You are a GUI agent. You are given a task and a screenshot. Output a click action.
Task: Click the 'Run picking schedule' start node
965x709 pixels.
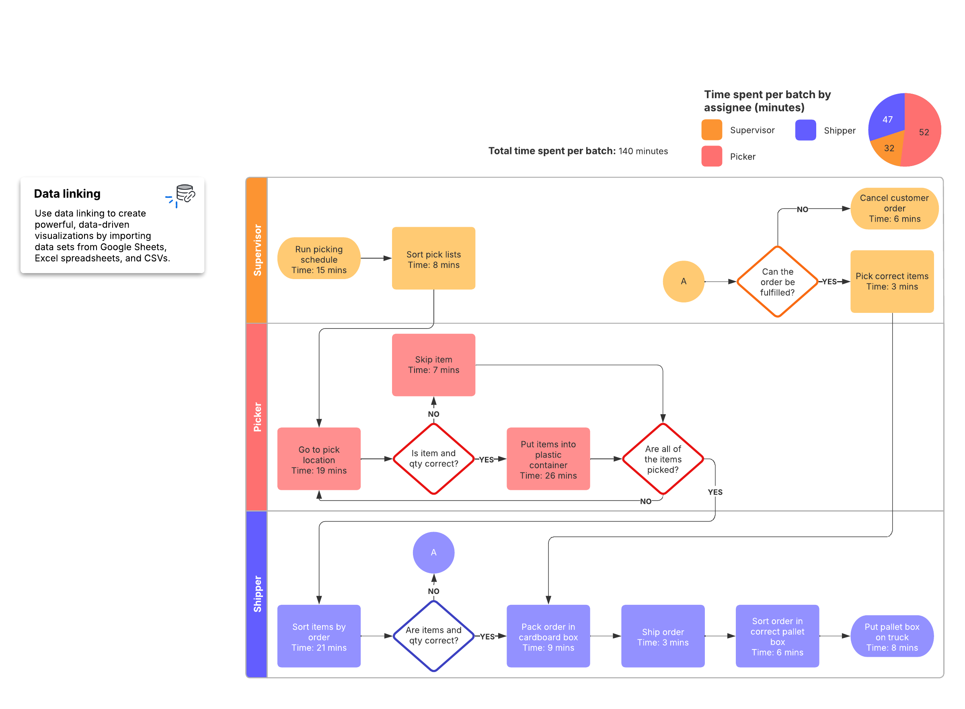coord(319,258)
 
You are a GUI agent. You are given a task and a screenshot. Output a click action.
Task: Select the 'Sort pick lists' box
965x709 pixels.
coord(433,258)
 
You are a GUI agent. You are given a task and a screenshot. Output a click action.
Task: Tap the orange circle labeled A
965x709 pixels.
coord(684,282)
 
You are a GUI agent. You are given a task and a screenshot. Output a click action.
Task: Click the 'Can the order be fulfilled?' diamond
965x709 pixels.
coord(778,282)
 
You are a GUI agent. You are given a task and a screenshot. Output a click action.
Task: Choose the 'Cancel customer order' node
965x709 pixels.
coord(894,209)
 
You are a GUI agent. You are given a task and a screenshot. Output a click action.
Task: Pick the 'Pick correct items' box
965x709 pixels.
coord(892,282)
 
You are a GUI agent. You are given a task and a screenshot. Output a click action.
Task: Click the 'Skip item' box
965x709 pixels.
coord(433,365)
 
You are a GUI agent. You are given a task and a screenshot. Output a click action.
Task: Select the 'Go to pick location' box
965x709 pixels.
coord(319,459)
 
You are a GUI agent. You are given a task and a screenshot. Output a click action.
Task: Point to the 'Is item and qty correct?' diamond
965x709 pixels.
coord(433,459)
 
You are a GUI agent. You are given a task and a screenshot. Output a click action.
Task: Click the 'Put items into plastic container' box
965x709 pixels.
coord(548,459)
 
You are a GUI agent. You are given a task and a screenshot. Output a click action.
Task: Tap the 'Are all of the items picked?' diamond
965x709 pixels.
coord(663,459)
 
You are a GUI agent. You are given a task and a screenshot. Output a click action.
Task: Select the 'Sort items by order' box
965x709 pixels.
coord(319,636)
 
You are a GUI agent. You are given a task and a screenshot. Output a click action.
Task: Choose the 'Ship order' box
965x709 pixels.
coord(663,636)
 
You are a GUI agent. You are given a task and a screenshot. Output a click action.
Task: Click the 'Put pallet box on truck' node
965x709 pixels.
coord(892,636)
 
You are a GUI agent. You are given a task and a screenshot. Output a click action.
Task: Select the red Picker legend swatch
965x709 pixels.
coord(711,156)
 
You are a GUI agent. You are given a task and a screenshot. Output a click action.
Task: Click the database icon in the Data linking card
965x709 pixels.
coord(185,193)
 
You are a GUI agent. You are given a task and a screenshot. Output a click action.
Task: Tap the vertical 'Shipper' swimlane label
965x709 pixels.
coord(257,594)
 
